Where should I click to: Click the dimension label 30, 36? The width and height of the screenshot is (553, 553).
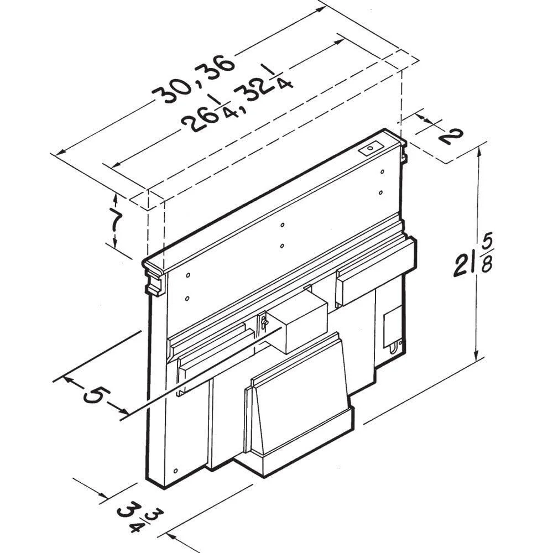tap(193, 79)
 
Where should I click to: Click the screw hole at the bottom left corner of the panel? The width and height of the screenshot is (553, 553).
tap(176, 471)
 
